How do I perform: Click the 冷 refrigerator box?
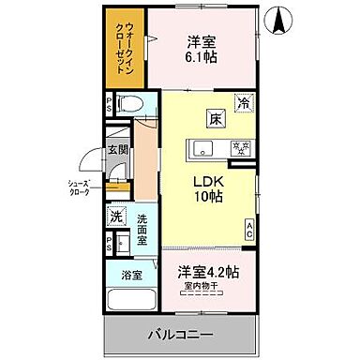click(243, 105)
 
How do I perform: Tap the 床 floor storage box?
click(216, 119)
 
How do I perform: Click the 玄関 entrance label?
click(116, 148)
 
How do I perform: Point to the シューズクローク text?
click(79, 187)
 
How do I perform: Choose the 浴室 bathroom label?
click(131, 275)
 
